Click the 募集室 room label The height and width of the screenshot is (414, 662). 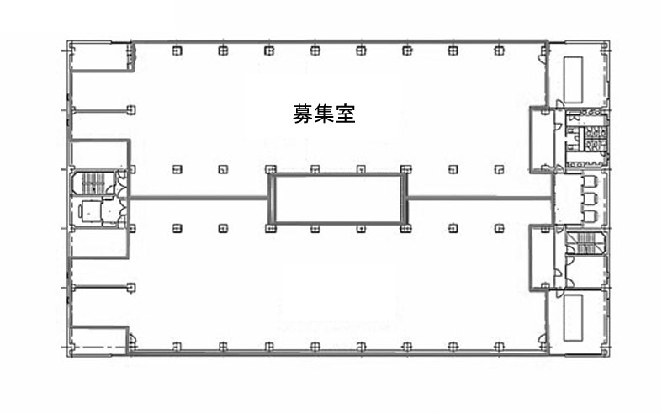(x=324, y=114)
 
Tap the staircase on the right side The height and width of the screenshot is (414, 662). (x=585, y=243)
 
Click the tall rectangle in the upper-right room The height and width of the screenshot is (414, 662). (x=574, y=79)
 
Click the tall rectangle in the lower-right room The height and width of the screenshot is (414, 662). (x=574, y=318)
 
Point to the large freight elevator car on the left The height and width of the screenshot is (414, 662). (x=90, y=210)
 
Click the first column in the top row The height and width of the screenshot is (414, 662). (x=177, y=50)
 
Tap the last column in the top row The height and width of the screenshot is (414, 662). (x=499, y=50)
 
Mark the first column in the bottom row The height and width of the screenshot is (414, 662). (x=177, y=347)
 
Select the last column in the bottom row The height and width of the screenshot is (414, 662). (x=499, y=347)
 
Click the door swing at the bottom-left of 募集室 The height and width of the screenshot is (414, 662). (x=132, y=338)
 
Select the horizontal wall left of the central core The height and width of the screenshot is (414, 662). (x=199, y=197)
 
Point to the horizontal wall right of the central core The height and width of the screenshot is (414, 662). (x=480, y=197)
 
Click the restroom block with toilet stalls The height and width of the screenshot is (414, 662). (x=587, y=139)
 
